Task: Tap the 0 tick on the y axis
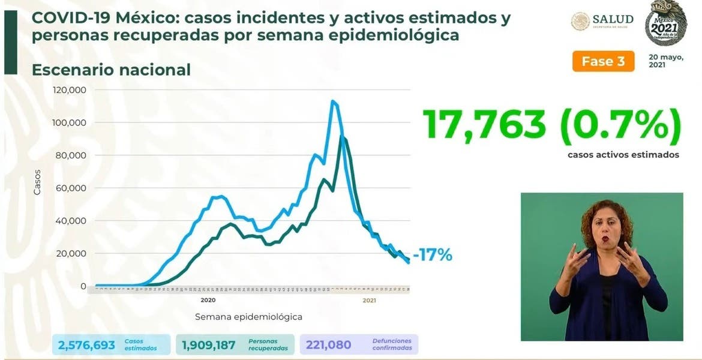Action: (x=83, y=286)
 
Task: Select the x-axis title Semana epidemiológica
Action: (x=248, y=316)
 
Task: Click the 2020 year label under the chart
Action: (x=208, y=300)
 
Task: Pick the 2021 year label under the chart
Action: (x=369, y=300)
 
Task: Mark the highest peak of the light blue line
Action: (x=332, y=101)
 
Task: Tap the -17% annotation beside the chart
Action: (x=432, y=255)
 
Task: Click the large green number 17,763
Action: (x=485, y=125)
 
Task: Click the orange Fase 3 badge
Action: (x=602, y=62)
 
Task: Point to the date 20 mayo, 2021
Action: (x=666, y=61)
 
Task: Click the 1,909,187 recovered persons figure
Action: (x=209, y=345)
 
